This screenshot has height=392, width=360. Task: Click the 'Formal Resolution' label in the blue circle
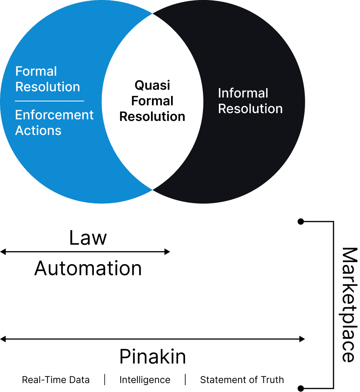tap(48, 79)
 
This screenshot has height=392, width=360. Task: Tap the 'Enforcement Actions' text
tap(54, 122)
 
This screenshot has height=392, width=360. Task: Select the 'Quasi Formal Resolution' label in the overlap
tap(152, 101)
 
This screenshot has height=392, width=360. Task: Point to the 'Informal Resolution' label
tap(250, 101)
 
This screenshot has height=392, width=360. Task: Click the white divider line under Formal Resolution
tap(49, 101)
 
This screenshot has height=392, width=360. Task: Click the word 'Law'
tap(88, 238)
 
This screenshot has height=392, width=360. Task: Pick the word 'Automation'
tap(88, 269)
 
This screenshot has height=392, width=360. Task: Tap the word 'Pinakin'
tap(152, 357)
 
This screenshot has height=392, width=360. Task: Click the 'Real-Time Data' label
tap(56, 380)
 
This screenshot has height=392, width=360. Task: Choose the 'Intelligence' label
tap(145, 380)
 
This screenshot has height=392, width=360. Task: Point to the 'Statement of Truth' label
tap(242, 380)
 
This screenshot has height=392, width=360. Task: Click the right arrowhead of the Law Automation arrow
tap(168, 252)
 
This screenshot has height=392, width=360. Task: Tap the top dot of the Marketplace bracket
tap(300, 222)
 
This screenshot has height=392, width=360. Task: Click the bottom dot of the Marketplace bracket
tap(300, 388)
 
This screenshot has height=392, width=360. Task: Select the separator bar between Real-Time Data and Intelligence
tap(104, 380)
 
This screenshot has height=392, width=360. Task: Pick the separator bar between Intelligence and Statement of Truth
tap(185, 380)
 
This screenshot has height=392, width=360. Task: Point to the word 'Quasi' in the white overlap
tap(152, 85)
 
